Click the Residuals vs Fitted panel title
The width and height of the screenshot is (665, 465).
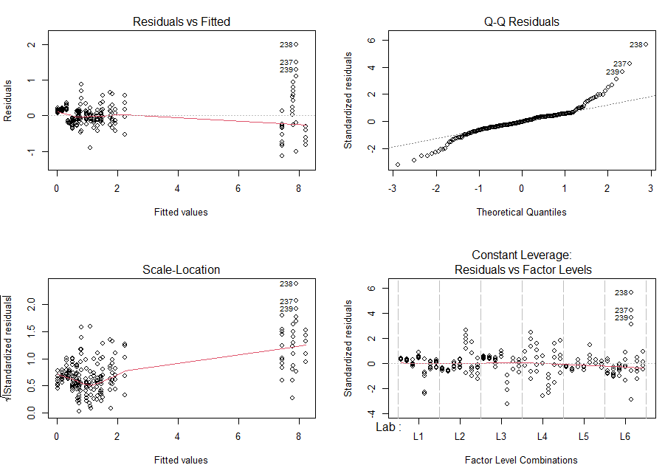coord(182,21)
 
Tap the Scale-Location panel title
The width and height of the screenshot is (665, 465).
coord(182,269)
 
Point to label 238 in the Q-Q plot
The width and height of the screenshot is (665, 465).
coord(635,44)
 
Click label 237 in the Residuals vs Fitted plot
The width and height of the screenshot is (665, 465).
coord(286,62)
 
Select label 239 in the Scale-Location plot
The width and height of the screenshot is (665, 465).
coord(286,309)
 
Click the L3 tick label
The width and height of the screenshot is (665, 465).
coord(500,436)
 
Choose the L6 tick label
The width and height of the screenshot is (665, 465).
coord(624,436)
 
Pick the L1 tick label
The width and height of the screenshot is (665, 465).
coord(418,436)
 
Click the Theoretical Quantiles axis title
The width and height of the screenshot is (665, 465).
coord(521,212)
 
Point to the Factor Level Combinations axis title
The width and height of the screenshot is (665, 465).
coord(521,460)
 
